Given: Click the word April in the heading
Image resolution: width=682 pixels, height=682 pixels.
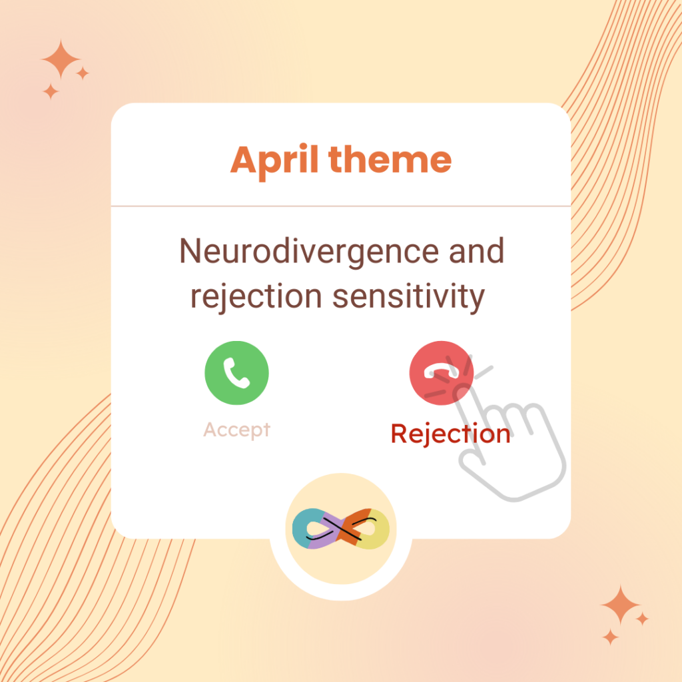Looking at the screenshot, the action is pos(274,161).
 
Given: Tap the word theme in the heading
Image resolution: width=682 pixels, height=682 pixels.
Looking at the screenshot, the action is pos(390,159).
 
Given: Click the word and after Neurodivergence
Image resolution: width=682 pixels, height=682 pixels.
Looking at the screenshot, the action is pos(476,250).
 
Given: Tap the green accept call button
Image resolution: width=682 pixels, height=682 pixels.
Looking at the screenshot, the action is pos(236,373).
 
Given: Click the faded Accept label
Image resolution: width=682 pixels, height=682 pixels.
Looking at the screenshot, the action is pos(236,430).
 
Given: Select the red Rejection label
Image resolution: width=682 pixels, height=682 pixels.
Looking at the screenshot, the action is pos(450,434).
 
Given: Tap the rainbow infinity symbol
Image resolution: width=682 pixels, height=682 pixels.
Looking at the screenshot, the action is pos(340,528).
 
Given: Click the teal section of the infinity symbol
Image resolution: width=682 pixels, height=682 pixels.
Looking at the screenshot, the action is pos(301,528).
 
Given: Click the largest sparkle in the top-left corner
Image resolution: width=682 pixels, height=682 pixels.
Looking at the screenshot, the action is pos(61,59).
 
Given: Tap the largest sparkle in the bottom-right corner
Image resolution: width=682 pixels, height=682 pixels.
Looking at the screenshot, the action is pos(620,605).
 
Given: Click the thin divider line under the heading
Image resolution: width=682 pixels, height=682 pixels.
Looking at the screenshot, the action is pos(340,206).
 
